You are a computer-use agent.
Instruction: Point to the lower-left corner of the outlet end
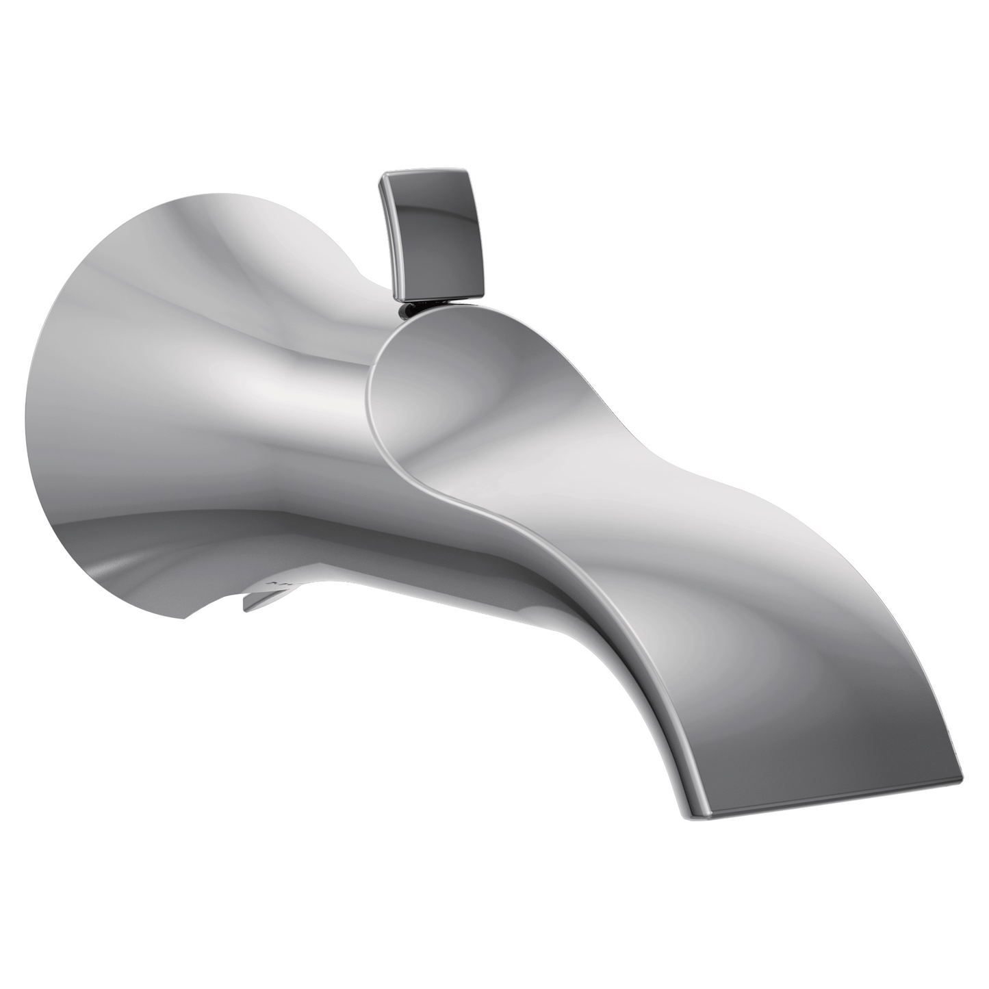coord(708,816)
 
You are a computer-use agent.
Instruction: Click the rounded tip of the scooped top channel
coord(373,383)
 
